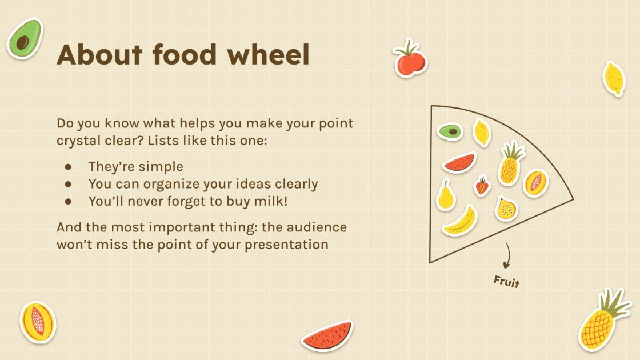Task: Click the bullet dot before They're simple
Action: pyautogui.click(x=69, y=167)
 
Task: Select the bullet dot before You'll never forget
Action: pyautogui.click(x=69, y=201)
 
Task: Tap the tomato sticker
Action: pyautogui.click(x=410, y=60)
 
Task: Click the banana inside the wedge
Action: pyautogui.click(x=461, y=221)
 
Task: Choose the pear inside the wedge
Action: pyautogui.click(x=445, y=195)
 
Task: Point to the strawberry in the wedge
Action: pyautogui.click(x=482, y=186)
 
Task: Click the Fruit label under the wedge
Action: pyautogui.click(x=507, y=281)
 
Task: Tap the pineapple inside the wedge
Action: pyautogui.click(x=510, y=165)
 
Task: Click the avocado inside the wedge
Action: pyautogui.click(x=450, y=131)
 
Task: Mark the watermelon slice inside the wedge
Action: pyautogui.click(x=460, y=163)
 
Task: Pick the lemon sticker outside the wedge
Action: pyautogui.click(x=613, y=78)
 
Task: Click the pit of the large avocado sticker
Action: pyautogui.click(x=23, y=42)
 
